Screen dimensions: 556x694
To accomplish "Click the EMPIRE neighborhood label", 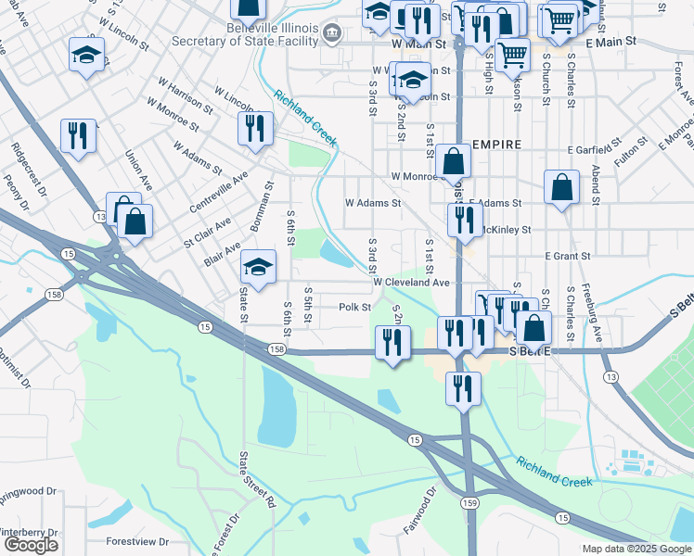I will pyautogui.click(x=496, y=145).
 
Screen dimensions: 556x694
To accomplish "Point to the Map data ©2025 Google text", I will pyautogui.click(x=636, y=549).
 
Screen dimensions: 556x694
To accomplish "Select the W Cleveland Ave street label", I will pyautogui.click(x=411, y=282).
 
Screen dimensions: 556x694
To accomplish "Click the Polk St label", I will pyautogui.click(x=354, y=307).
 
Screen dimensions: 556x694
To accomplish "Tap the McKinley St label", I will pyautogui.click(x=505, y=229).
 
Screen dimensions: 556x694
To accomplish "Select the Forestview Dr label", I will pyautogui.click(x=136, y=541).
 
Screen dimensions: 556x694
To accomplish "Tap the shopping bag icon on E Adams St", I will pyautogui.click(x=562, y=187).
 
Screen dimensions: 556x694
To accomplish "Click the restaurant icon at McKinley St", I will pyautogui.click(x=465, y=220).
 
